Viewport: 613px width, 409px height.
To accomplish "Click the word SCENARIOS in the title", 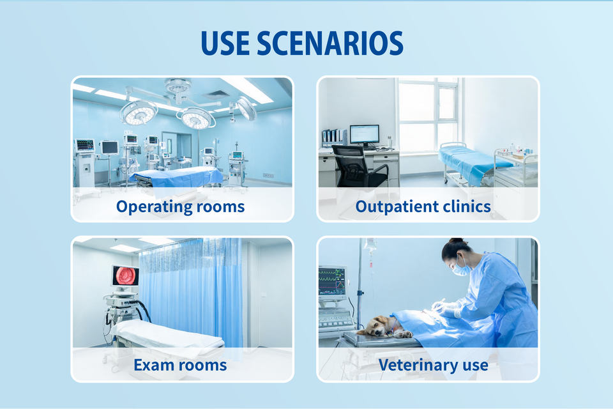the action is click(330, 43).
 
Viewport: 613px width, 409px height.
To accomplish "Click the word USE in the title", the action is click(225, 43).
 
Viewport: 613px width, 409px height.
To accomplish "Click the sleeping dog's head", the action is click(378, 326).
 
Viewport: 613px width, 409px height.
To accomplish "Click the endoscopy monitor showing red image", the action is click(125, 275).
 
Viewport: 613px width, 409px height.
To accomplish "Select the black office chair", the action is click(358, 166).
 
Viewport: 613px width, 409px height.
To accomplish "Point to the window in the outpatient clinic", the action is click(428, 116).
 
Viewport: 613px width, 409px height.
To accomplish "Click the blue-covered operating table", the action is click(178, 176).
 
